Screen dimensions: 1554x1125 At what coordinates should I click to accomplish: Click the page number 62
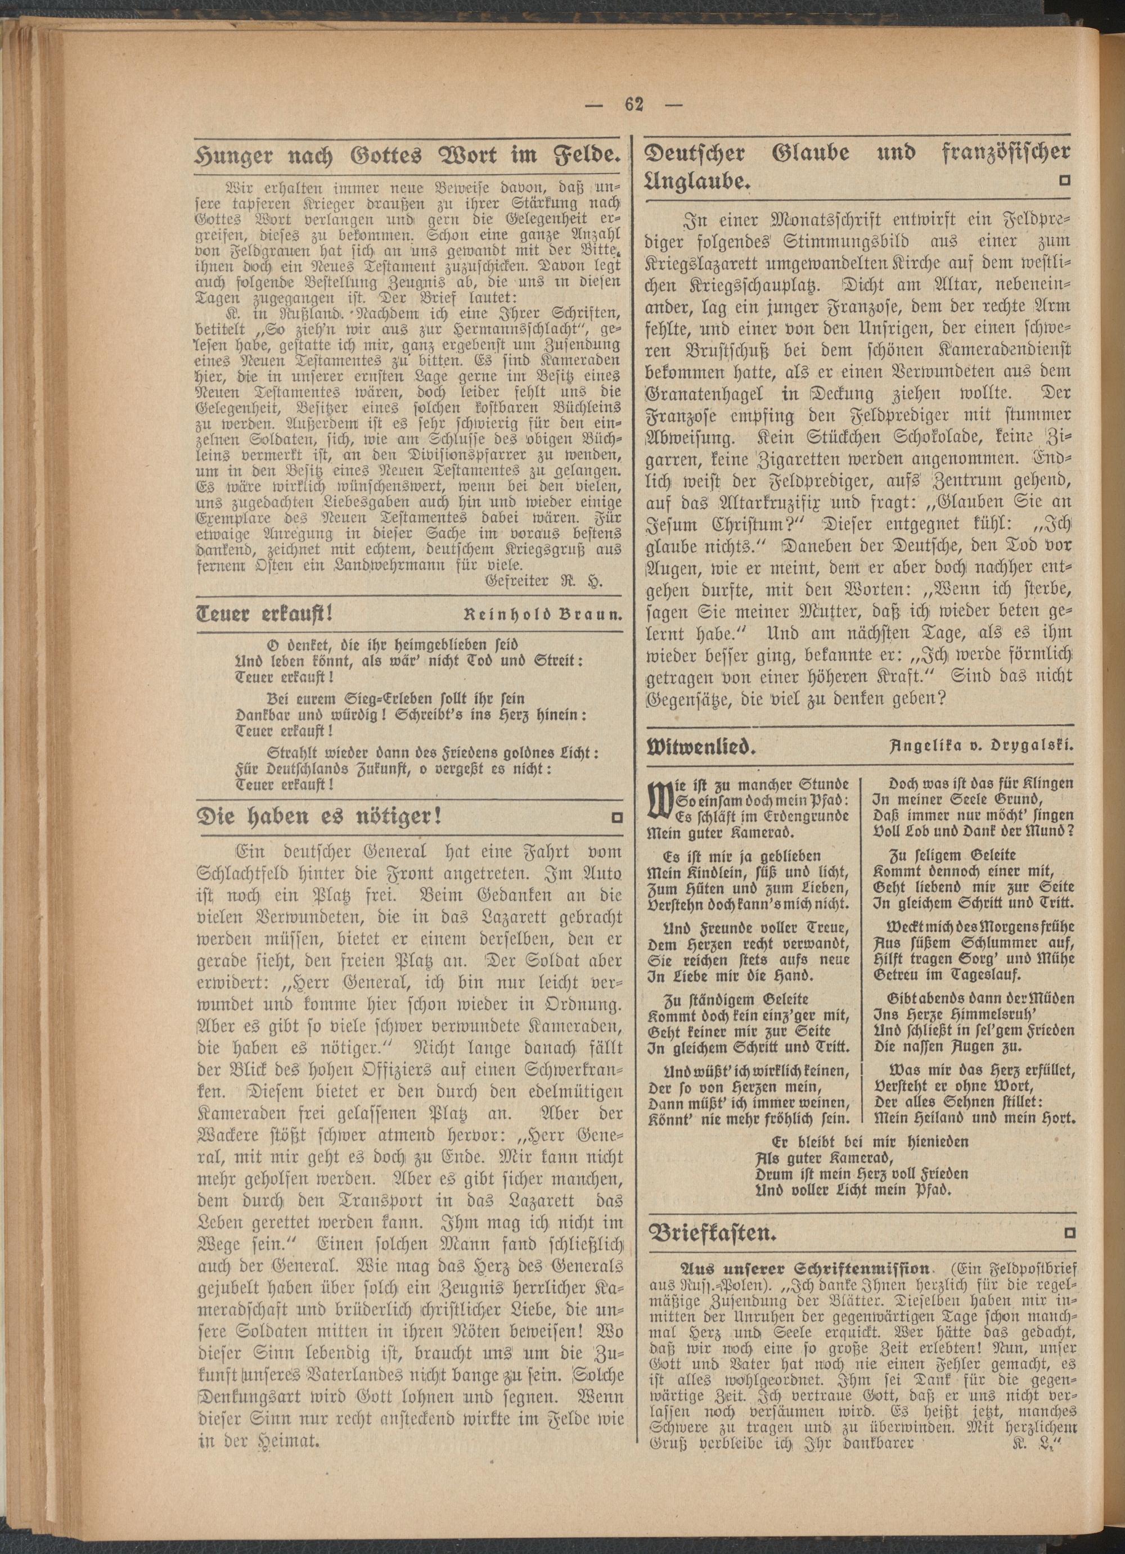pos(634,106)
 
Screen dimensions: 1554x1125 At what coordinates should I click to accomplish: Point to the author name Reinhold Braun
pos(542,615)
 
